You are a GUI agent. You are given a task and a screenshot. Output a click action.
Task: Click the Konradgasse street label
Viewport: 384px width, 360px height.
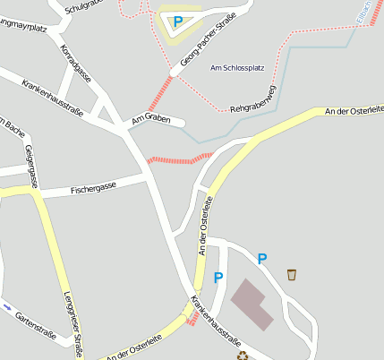tap(75, 63)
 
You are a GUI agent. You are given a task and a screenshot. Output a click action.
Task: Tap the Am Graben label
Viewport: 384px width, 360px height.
tap(150, 118)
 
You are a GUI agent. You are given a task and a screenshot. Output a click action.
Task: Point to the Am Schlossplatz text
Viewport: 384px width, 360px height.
tap(237, 68)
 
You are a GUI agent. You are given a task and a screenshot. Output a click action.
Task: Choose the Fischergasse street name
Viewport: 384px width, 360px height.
tap(93, 190)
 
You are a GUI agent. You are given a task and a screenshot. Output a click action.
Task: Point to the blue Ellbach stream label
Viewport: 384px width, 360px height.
tap(363, 12)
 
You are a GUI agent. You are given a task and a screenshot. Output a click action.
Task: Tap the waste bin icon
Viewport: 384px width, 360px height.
tap(292, 274)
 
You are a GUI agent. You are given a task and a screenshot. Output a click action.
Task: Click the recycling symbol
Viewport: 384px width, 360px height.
tap(242, 355)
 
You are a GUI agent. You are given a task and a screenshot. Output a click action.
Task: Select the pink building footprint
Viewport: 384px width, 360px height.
tap(252, 303)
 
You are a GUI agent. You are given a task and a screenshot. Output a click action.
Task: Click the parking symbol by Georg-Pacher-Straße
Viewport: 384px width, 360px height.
tap(177, 21)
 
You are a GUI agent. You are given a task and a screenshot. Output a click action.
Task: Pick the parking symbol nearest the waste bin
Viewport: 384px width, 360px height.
tap(261, 259)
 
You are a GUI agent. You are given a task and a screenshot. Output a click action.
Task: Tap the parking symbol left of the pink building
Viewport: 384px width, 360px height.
tap(218, 278)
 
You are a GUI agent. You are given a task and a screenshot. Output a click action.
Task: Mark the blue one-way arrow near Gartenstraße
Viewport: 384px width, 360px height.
tap(7, 307)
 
